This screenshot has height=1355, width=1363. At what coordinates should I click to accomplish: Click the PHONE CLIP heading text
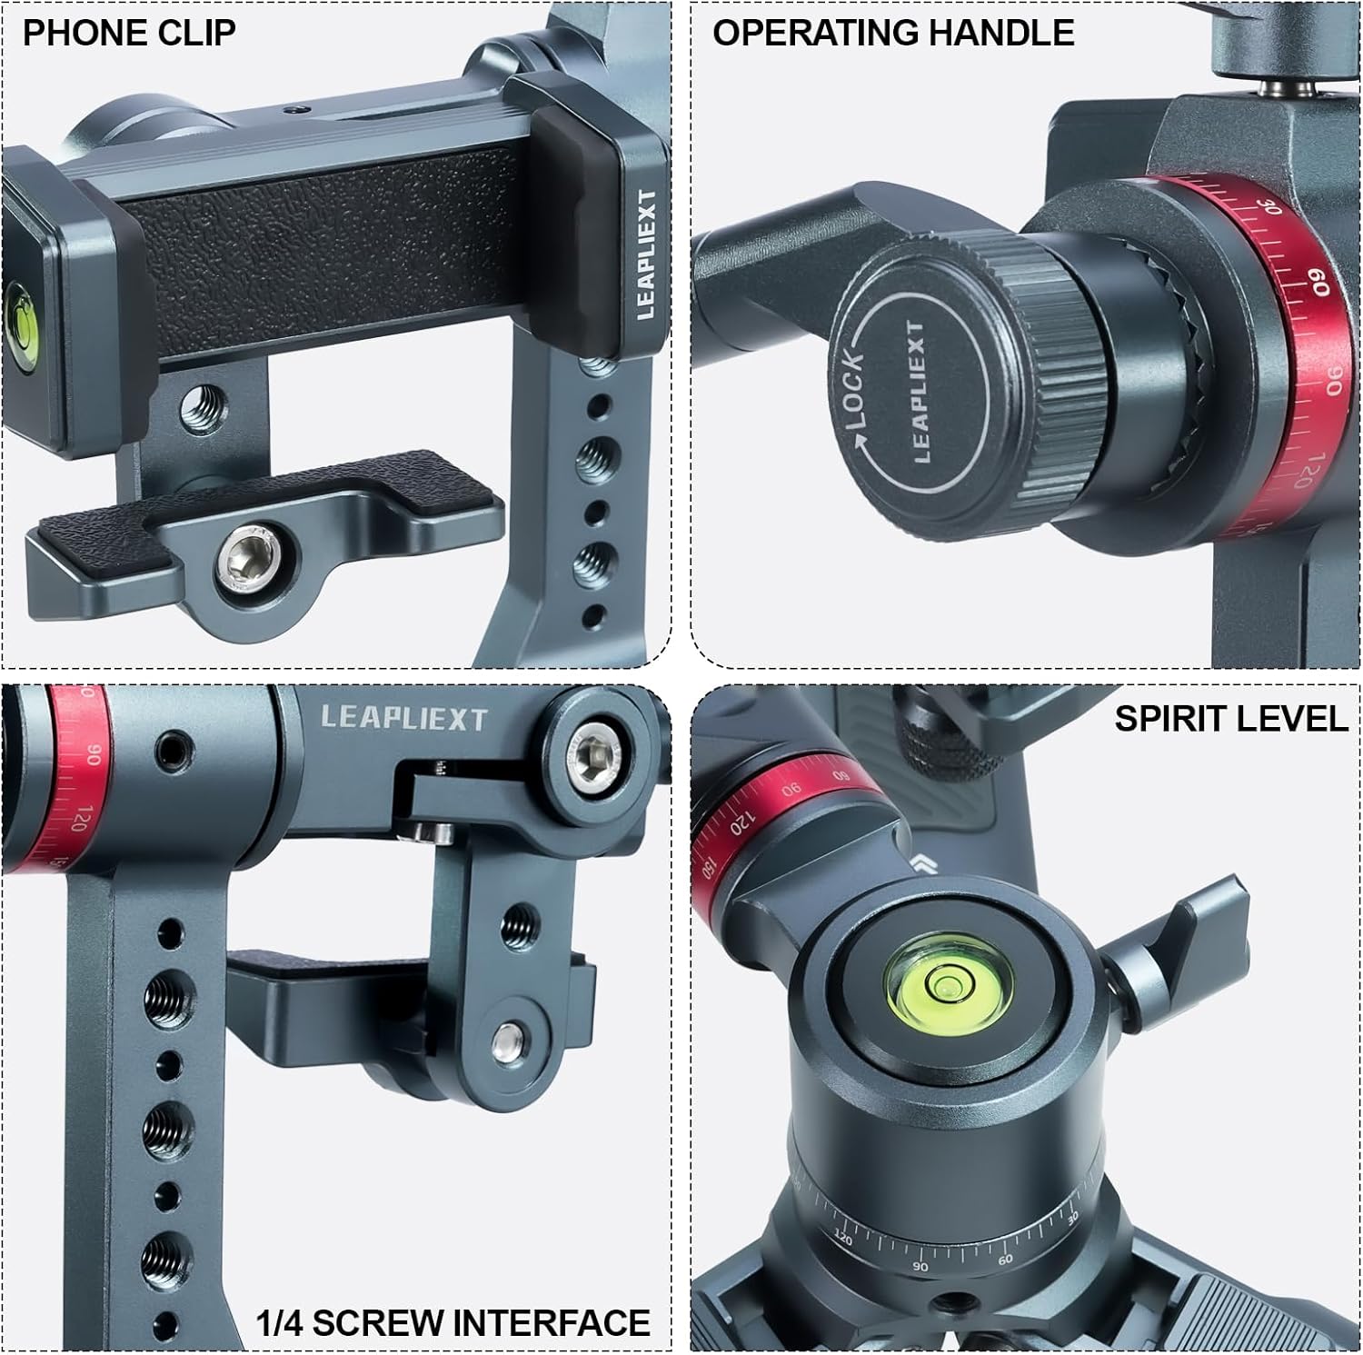[x=129, y=33]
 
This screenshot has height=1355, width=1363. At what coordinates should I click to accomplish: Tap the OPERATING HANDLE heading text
[x=892, y=33]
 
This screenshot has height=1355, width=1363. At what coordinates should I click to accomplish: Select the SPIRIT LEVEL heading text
[x=1230, y=718]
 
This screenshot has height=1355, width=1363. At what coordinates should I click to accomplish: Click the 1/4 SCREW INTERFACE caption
[x=453, y=1321]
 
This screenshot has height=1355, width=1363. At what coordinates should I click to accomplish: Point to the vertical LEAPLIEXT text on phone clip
[x=646, y=254]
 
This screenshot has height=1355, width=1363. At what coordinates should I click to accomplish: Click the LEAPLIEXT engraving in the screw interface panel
[x=404, y=719]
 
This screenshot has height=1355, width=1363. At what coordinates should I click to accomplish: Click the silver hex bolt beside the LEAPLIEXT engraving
[x=595, y=756]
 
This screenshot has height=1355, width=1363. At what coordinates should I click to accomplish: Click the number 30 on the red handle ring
[x=1272, y=205]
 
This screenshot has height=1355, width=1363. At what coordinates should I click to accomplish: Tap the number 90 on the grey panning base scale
[x=920, y=1266]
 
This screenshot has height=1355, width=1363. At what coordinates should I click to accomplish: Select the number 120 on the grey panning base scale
[x=842, y=1238]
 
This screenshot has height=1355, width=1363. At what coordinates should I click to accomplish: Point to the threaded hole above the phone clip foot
[x=201, y=407]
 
